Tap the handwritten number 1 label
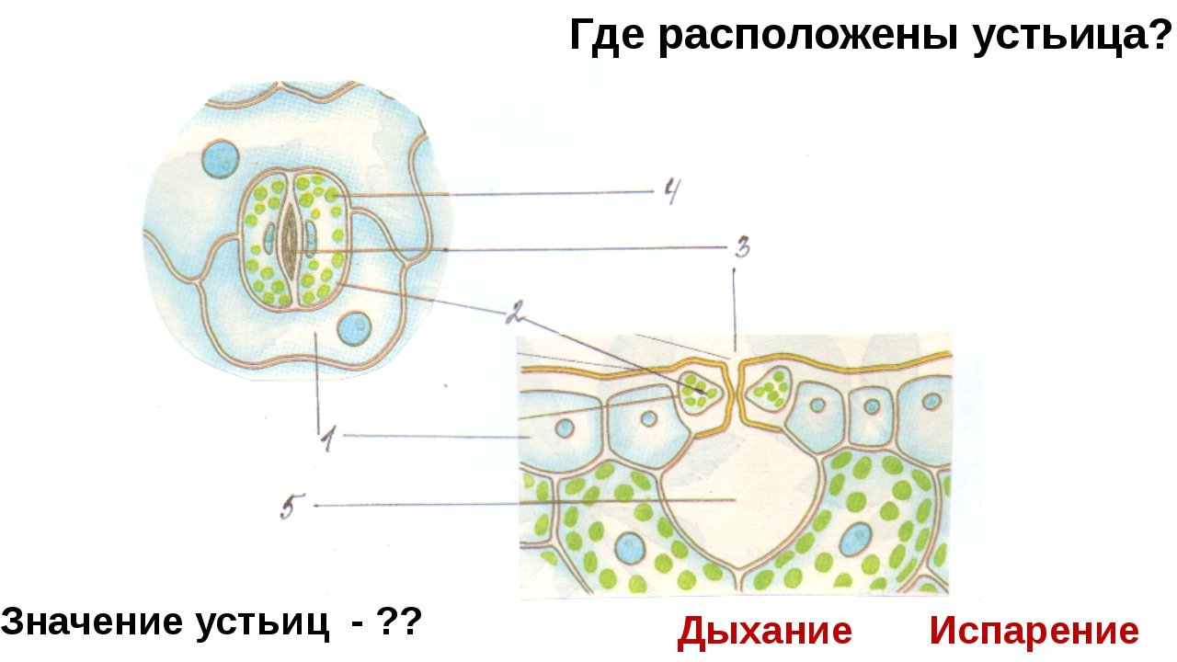coord(326,441)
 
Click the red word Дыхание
coord(764,632)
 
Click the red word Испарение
coord(1034,632)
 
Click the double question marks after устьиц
coord(401,623)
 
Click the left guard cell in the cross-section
coord(701,390)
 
